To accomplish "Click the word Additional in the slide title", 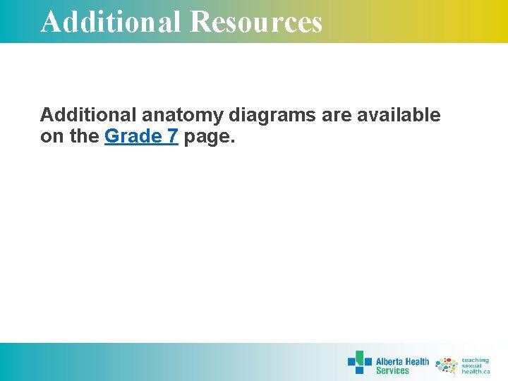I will click(111, 22).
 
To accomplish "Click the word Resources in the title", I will click(256, 22).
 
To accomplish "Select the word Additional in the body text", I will click(83, 115).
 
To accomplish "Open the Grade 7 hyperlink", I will click(140, 136).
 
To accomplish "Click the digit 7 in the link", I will click(172, 136).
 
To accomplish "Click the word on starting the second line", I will click(52, 136).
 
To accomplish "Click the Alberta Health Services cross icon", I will click(359, 362).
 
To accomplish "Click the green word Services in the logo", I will click(392, 371).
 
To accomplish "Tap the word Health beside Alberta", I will click(416, 361).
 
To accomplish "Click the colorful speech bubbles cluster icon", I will click(446, 365).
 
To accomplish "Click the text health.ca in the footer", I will click(476, 371).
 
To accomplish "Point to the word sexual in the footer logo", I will click(472, 365).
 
